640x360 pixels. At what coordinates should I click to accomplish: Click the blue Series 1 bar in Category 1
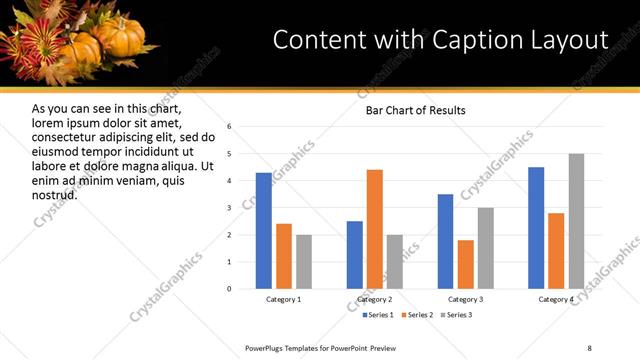pyautogui.click(x=264, y=231)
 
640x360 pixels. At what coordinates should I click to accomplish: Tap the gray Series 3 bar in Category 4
pyautogui.click(x=576, y=221)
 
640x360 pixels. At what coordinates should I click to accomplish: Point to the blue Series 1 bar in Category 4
pyautogui.click(x=536, y=228)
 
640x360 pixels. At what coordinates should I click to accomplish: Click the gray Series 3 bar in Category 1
pyautogui.click(x=304, y=262)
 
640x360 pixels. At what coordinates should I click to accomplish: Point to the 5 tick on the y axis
pyautogui.click(x=230, y=154)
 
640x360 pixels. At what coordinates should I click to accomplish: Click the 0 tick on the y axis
pyautogui.click(x=230, y=289)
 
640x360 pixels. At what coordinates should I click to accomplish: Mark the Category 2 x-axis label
pyautogui.click(x=375, y=300)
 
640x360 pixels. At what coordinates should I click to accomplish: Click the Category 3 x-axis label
pyautogui.click(x=466, y=300)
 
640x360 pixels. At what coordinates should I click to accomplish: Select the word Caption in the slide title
pyautogui.click(x=464, y=39)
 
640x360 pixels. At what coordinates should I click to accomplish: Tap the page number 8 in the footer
pyautogui.click(x=589, y=347)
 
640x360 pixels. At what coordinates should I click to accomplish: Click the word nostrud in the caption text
pyautogui.click(x=55, y=194)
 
